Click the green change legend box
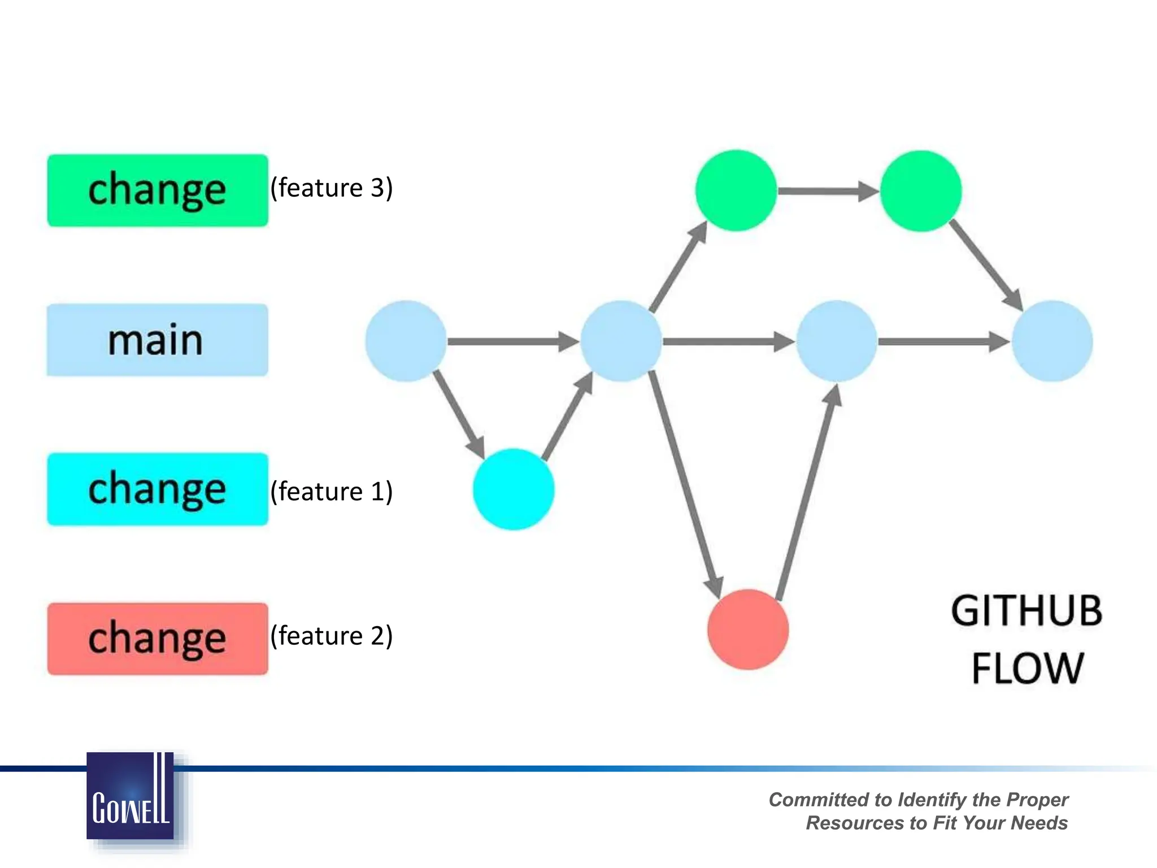click(x=158, y=190)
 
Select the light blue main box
click(x=157, y=340)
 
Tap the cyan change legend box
click(x=158, y=489)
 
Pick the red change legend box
click(x=158, y=639)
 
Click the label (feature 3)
click(x=332, y=188)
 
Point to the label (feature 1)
click(x=332, y=491)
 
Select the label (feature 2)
click(x=332, y=636)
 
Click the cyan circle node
click(x=514, y=489)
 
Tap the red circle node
click(x=748, y=630)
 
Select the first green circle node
click(x=736, y=190)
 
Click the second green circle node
click(x=921, y=191)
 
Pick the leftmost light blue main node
click(x=406, y=341)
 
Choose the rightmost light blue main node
click(x=1051, y=341)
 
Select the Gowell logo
click(x=131, y=796)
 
